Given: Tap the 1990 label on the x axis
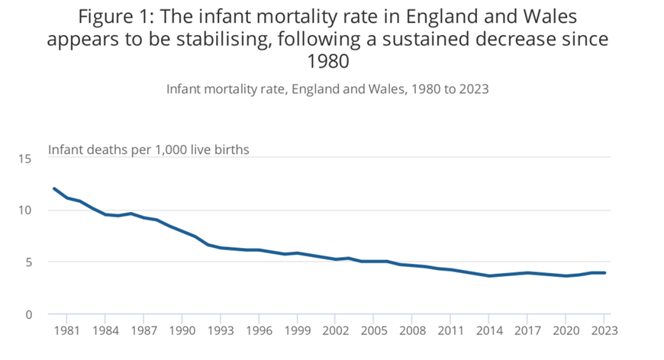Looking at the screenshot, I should (182, 330).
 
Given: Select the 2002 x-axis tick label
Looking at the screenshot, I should (335, 330).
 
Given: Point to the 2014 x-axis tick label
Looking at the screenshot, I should (488, 330).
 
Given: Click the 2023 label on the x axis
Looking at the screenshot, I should (604, 330).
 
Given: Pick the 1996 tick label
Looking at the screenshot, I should (258, 330).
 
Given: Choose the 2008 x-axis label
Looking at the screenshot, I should (412, 330).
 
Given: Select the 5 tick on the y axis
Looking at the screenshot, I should (29, 262).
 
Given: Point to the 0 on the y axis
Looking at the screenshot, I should (29, 314).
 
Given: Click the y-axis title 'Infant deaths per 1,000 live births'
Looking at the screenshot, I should (149, 149).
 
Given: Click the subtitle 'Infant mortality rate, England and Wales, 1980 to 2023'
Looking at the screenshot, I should (327, 88).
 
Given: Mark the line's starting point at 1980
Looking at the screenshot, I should (53, 188).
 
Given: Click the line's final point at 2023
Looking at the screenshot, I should (604, 273).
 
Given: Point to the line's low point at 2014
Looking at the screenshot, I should (488, 276).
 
